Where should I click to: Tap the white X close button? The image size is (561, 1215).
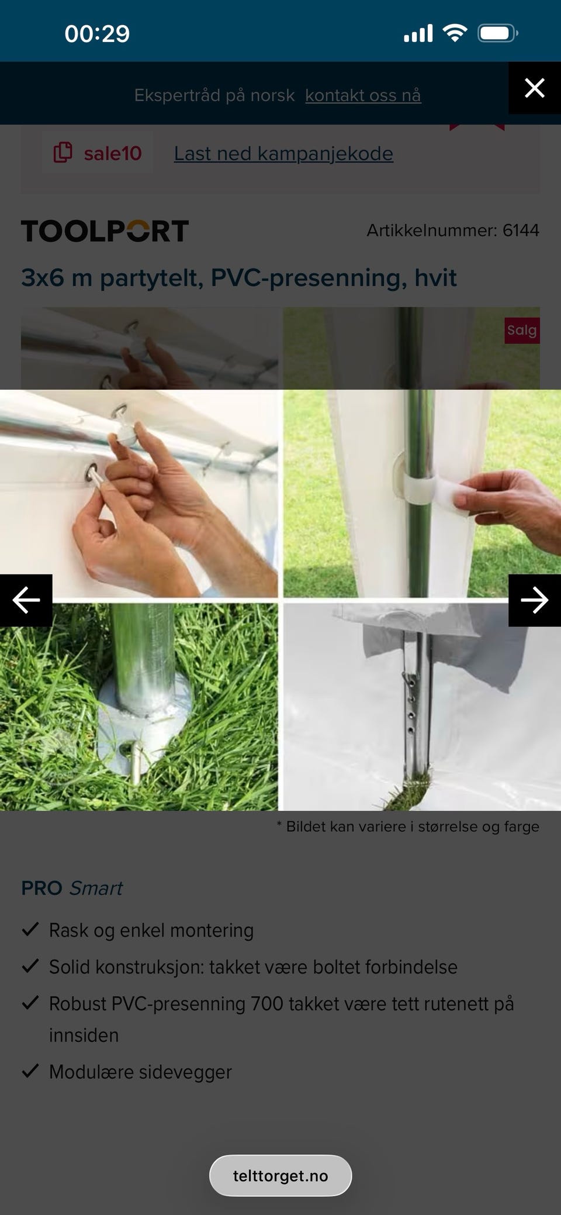click(x=535, y=88)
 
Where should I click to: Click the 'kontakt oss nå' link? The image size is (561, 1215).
click(x=363, y=95)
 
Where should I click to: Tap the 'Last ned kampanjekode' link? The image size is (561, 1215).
click(x=283, y=153)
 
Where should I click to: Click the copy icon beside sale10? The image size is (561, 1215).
click(x=63, y=153)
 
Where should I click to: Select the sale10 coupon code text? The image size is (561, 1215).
click(x=113, y=153)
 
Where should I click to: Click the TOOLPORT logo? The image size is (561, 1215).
click(x=105, y=230)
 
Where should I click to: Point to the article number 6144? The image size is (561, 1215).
click(x=521, y=230)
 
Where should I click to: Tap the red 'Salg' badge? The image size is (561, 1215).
click(x=522, y=330)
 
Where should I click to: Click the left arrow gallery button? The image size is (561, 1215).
click(x=26, y=600)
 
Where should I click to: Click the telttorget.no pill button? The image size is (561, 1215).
click(x=280, y=1175)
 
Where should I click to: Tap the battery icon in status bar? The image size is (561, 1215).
click(x=498, y=33)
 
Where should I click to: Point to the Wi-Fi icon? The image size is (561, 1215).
click(x=455, y=33)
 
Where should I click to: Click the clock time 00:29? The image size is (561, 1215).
click(x=97, y=33)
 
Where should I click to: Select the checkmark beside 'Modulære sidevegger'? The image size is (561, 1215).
click(x=30, y=1071)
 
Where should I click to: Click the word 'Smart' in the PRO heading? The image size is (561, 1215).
click(x=96, y=888)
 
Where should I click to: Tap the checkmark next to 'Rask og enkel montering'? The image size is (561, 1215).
click(x=30, y=929)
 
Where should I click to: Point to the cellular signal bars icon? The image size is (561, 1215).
click(x=418, y=33)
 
